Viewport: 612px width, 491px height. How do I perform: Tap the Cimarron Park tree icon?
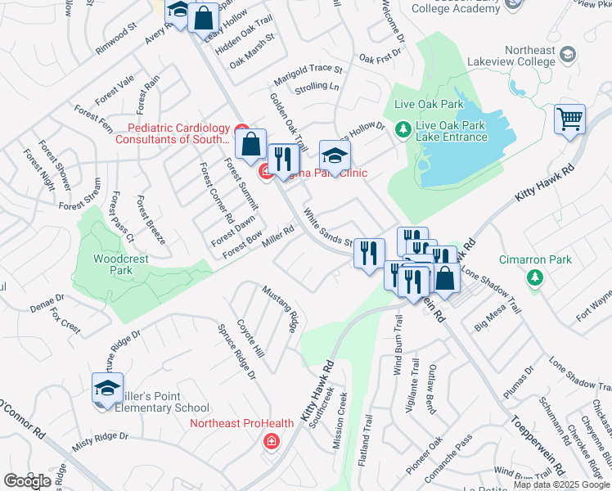pos(536,279)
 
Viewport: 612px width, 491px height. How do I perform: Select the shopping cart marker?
pos(569,119)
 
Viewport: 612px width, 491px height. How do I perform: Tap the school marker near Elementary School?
pos(107,390)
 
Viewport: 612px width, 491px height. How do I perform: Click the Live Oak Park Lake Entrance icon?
pos(403,129)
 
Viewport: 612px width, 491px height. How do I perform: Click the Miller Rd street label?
pos(277,236)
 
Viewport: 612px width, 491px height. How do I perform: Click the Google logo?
pos(28,481)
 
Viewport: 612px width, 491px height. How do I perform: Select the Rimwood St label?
pos(115,41)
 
